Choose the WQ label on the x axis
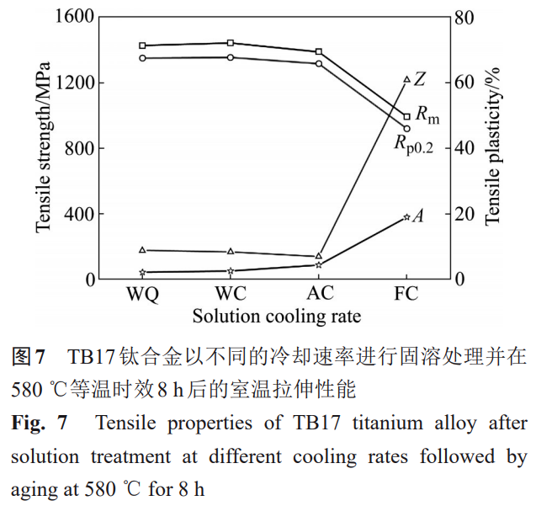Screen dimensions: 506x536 (142, 296)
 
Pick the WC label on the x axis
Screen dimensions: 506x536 (231, 296)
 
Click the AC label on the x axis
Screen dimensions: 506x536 (319, 296)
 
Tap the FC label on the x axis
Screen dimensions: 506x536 (407, 296)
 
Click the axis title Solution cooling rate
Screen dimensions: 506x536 (276, 317)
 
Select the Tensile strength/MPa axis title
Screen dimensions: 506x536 (43, 148)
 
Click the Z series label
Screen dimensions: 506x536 (420, 79)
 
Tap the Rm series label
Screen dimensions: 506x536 (427, 114)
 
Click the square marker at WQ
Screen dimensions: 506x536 (142, 45)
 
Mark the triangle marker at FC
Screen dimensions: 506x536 (407, 79)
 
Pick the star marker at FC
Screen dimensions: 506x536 (407, 216)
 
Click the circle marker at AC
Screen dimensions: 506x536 (319, 63)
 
